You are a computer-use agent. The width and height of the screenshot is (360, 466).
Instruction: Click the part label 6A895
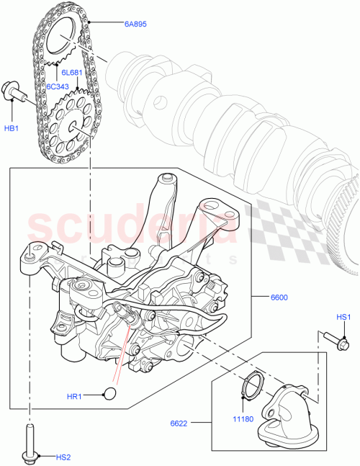coord(135,24)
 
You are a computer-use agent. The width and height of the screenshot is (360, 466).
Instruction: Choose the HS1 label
coord(344,318)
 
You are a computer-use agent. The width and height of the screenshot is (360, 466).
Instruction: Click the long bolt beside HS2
coord(30,441)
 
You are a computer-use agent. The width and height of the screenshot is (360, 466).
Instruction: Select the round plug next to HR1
coord(110,393)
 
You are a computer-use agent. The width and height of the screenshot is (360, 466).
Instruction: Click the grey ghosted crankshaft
coord(238,122)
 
